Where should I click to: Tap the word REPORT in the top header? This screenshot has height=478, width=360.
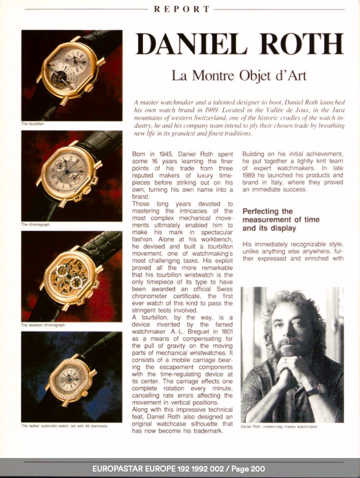tap(181, 9)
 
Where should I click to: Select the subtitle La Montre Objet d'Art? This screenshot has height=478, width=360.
tap(238, 76)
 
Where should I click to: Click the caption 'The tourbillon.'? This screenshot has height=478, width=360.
tap(33, 123)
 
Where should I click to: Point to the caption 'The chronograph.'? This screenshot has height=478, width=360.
tap(35, 224)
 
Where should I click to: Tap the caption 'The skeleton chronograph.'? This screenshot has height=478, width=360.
tap(43, 325)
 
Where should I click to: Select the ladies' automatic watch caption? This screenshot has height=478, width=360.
tap(64, 426)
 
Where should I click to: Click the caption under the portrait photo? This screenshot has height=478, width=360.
tap(279, 427)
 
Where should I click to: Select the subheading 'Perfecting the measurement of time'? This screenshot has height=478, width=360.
tap(280, 220)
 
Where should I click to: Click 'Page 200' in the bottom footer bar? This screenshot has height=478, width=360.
tap(248, 469)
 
